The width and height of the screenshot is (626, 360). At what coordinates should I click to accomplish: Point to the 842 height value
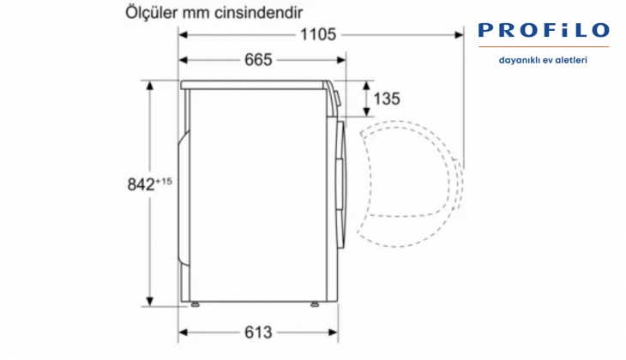point(141,183)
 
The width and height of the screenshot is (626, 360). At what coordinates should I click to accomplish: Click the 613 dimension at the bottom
point(257,332)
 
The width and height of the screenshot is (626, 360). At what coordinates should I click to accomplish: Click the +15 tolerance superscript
point(165,180)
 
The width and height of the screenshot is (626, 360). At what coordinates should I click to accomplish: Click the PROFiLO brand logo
point(543,31)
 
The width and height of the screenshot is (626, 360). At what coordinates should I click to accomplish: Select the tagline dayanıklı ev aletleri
point(543,60)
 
